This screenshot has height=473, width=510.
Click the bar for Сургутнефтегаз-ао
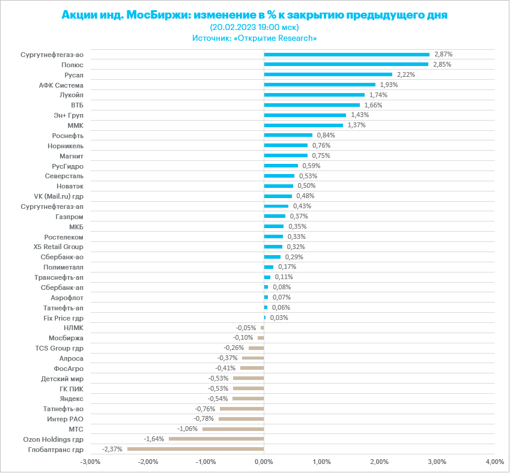coord(347,54)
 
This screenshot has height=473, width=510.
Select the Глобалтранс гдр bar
coord(195,449)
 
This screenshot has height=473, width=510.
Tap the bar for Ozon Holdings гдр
coord(216,439)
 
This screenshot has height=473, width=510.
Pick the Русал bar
coord(328,74)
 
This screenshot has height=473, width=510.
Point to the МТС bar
coord(233,429)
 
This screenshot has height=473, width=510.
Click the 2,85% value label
coord(442,64)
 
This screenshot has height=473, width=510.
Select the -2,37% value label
coord(113,449)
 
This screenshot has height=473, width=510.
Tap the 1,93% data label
coord(389,85)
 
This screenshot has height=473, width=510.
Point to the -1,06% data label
coord(188,429)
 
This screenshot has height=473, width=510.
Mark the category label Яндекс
coord(71,399)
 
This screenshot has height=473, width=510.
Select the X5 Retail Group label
coord(58,247)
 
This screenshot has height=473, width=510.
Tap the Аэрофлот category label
coord(67,297)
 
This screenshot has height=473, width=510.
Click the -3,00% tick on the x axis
coord(90,462)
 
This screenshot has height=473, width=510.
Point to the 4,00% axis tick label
coord(494,462)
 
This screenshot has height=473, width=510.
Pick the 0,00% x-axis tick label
coord(264,462)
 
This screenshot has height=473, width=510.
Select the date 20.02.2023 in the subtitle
coord(233,27)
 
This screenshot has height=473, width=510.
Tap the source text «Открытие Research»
coord(276,38)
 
